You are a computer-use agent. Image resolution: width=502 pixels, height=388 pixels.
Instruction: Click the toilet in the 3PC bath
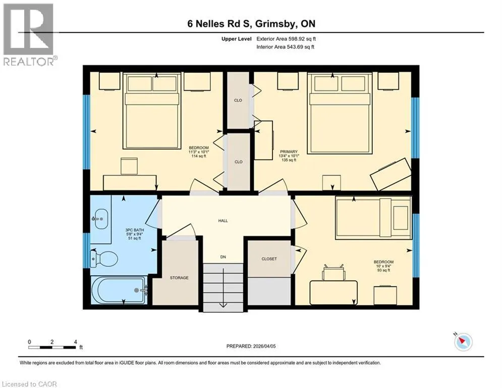[x=104, y=258]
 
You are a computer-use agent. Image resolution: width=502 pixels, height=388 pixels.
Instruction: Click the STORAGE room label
[x=179, y=278]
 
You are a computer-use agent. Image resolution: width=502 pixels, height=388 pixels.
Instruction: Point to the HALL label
[x=223, y=221]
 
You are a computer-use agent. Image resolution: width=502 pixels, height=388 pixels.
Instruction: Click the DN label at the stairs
[x=223, y=257]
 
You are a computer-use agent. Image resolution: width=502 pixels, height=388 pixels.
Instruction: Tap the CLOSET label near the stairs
[x=269, y=259]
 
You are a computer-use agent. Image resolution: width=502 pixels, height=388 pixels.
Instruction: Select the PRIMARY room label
[x=289, y=152]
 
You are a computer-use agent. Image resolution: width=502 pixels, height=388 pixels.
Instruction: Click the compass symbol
[x=463, y=342]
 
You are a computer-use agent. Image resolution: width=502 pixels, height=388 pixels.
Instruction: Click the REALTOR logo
[x=28, y=35]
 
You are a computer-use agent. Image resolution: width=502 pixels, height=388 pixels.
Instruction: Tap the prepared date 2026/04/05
[x=264, y=346]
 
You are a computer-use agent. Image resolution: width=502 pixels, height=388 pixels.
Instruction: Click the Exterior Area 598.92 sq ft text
[x=286, y=39]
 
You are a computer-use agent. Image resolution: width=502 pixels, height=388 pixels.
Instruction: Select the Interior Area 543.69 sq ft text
[x=285, y=47]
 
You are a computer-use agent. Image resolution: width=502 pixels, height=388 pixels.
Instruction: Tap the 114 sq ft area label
[x=198, y=156]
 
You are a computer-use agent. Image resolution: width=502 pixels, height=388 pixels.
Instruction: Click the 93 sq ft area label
[x=383, y=270]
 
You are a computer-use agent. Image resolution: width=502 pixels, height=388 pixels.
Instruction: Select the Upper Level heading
[x=237, y=39]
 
